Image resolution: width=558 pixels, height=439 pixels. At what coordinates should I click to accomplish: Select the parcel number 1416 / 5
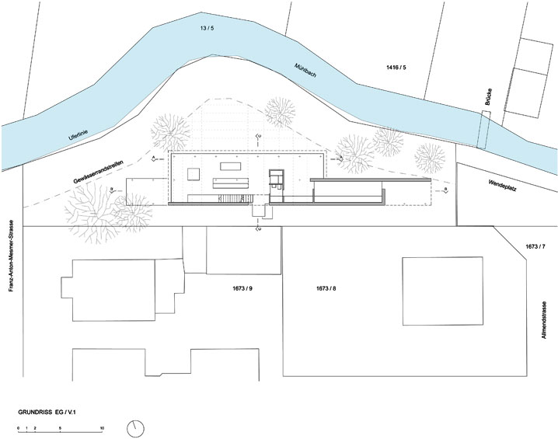[396, 69]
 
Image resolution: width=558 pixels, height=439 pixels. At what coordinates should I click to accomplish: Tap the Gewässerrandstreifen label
[100, 170]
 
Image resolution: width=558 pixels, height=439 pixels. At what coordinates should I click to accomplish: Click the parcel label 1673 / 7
[536, 246]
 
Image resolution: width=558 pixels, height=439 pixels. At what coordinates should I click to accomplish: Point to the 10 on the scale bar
[102, 429]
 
